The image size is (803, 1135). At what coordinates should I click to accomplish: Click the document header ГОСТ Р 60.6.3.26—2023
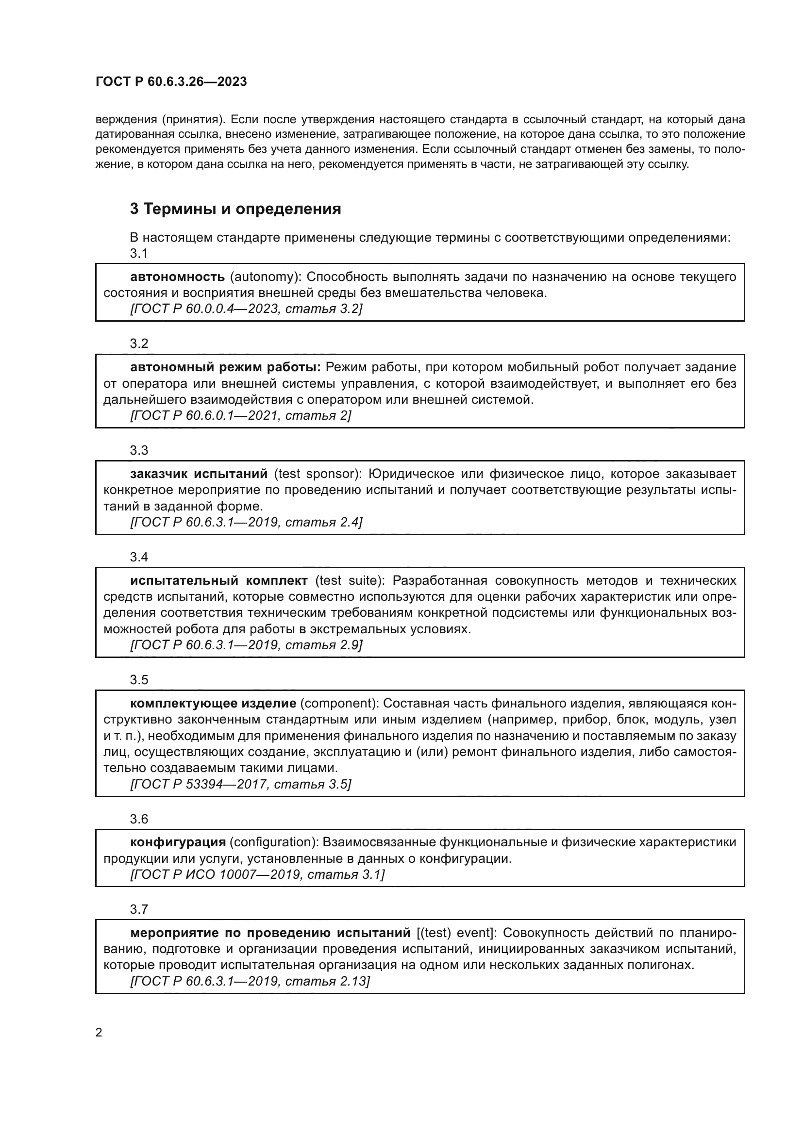coord(171,82)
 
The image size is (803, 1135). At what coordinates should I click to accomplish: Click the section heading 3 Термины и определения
coord(235,209)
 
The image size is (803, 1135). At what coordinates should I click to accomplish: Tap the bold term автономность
coord(178,277)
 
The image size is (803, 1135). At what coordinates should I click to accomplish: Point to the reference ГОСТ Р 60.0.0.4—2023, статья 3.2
coord(246,309)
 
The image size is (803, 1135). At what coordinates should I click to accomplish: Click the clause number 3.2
coord(139,344)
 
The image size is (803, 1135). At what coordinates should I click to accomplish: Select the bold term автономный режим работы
coord(225,367)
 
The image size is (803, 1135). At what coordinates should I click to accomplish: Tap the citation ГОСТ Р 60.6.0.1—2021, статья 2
coord(240,416)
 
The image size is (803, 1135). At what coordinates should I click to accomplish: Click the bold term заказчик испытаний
coord(199,474)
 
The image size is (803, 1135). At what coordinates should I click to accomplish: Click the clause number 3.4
coord(139,557)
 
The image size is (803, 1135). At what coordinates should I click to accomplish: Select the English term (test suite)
coord(350,580)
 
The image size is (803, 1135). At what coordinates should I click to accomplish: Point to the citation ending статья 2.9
coord(246,645)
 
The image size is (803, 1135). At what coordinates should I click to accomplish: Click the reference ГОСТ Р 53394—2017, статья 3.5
coord(240,785)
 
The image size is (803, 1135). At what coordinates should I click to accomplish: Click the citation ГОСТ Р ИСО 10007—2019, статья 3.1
coord(257,874)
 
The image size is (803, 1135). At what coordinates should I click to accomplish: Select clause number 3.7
coord(139,909)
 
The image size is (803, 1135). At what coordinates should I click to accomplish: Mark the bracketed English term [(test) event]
coord(455,933)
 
